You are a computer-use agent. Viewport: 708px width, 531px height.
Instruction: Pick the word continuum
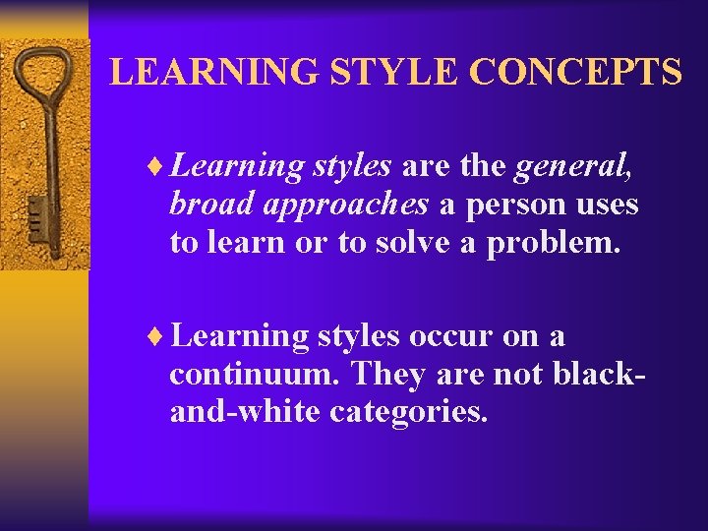coord(256,375)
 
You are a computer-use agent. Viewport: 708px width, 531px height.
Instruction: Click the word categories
coord(408,411)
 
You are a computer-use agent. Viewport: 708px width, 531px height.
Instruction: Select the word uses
coord(612,206)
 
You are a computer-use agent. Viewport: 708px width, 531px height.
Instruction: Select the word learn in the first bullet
coord(251,242)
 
